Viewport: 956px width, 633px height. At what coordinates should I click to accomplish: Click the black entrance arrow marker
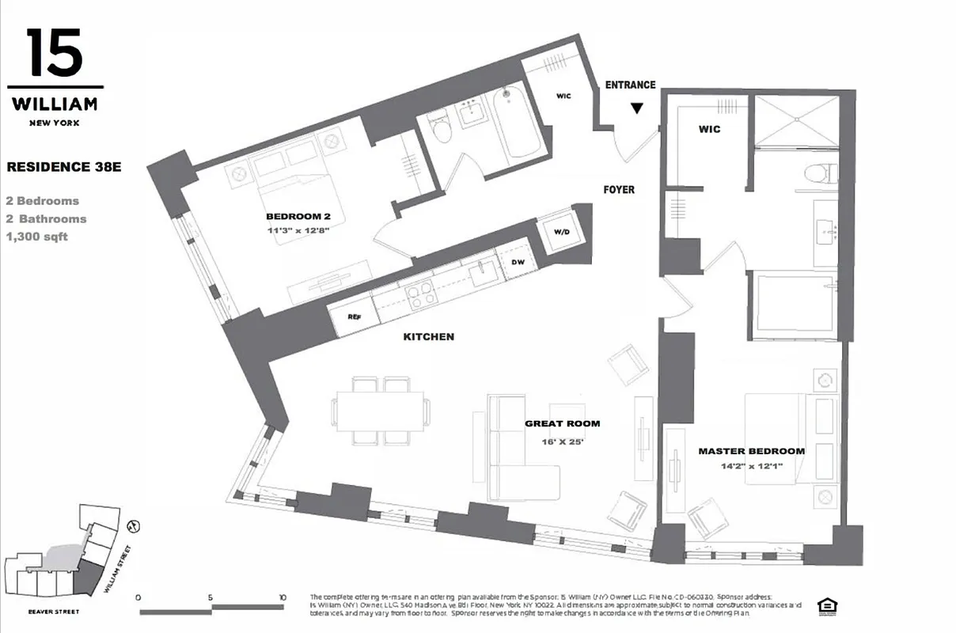(x=637, y=109)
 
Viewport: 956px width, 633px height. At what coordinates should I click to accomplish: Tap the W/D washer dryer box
(x=561, y=233)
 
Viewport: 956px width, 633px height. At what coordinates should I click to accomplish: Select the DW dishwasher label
(x=519, y=261)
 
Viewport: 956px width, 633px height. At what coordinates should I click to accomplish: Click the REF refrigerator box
(x=354, y=316)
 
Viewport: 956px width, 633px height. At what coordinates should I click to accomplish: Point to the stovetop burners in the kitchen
(x=420, y=294)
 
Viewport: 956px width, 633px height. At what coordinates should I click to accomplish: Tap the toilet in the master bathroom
(x=820, y=172)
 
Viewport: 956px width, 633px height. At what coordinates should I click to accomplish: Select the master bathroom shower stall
(x=796, y=120)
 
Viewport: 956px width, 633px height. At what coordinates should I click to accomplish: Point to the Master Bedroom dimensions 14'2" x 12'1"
(x=751, y=466)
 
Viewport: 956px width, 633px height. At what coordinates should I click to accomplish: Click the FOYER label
(x=618, y=190)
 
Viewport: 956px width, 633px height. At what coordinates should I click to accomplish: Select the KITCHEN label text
(x=428, y=337)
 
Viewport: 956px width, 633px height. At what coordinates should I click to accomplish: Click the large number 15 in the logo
(x=54, y=53)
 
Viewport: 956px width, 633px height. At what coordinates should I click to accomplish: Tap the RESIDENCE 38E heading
(x=63, y=168)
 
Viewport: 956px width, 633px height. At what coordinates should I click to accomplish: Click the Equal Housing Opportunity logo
(x=827, y=606)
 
